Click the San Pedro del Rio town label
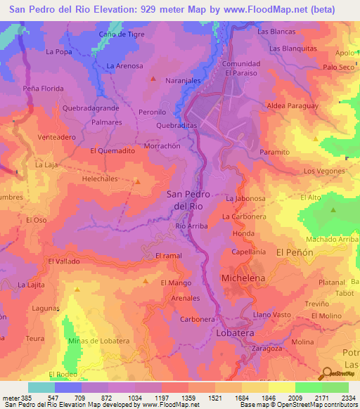click(x=188, y=201)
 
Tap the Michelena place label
click(x=244, y=278)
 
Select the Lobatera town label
click(x=236, y=332)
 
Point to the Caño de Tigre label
click(x=122, y=34)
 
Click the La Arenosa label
click(x=124, y=66)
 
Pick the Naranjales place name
click(x=184, y=82)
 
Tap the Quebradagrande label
click(x=89, y=108)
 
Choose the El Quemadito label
click(x=112, y=150)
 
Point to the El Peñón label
click(x=295, y=251)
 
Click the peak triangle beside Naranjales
click(x=153, y=78)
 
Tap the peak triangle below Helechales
click(x=138, y=181)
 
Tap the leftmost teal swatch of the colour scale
click(x=41, y=387)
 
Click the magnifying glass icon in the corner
click(x=326, y=373)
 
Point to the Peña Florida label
click(x=44, y=89)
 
